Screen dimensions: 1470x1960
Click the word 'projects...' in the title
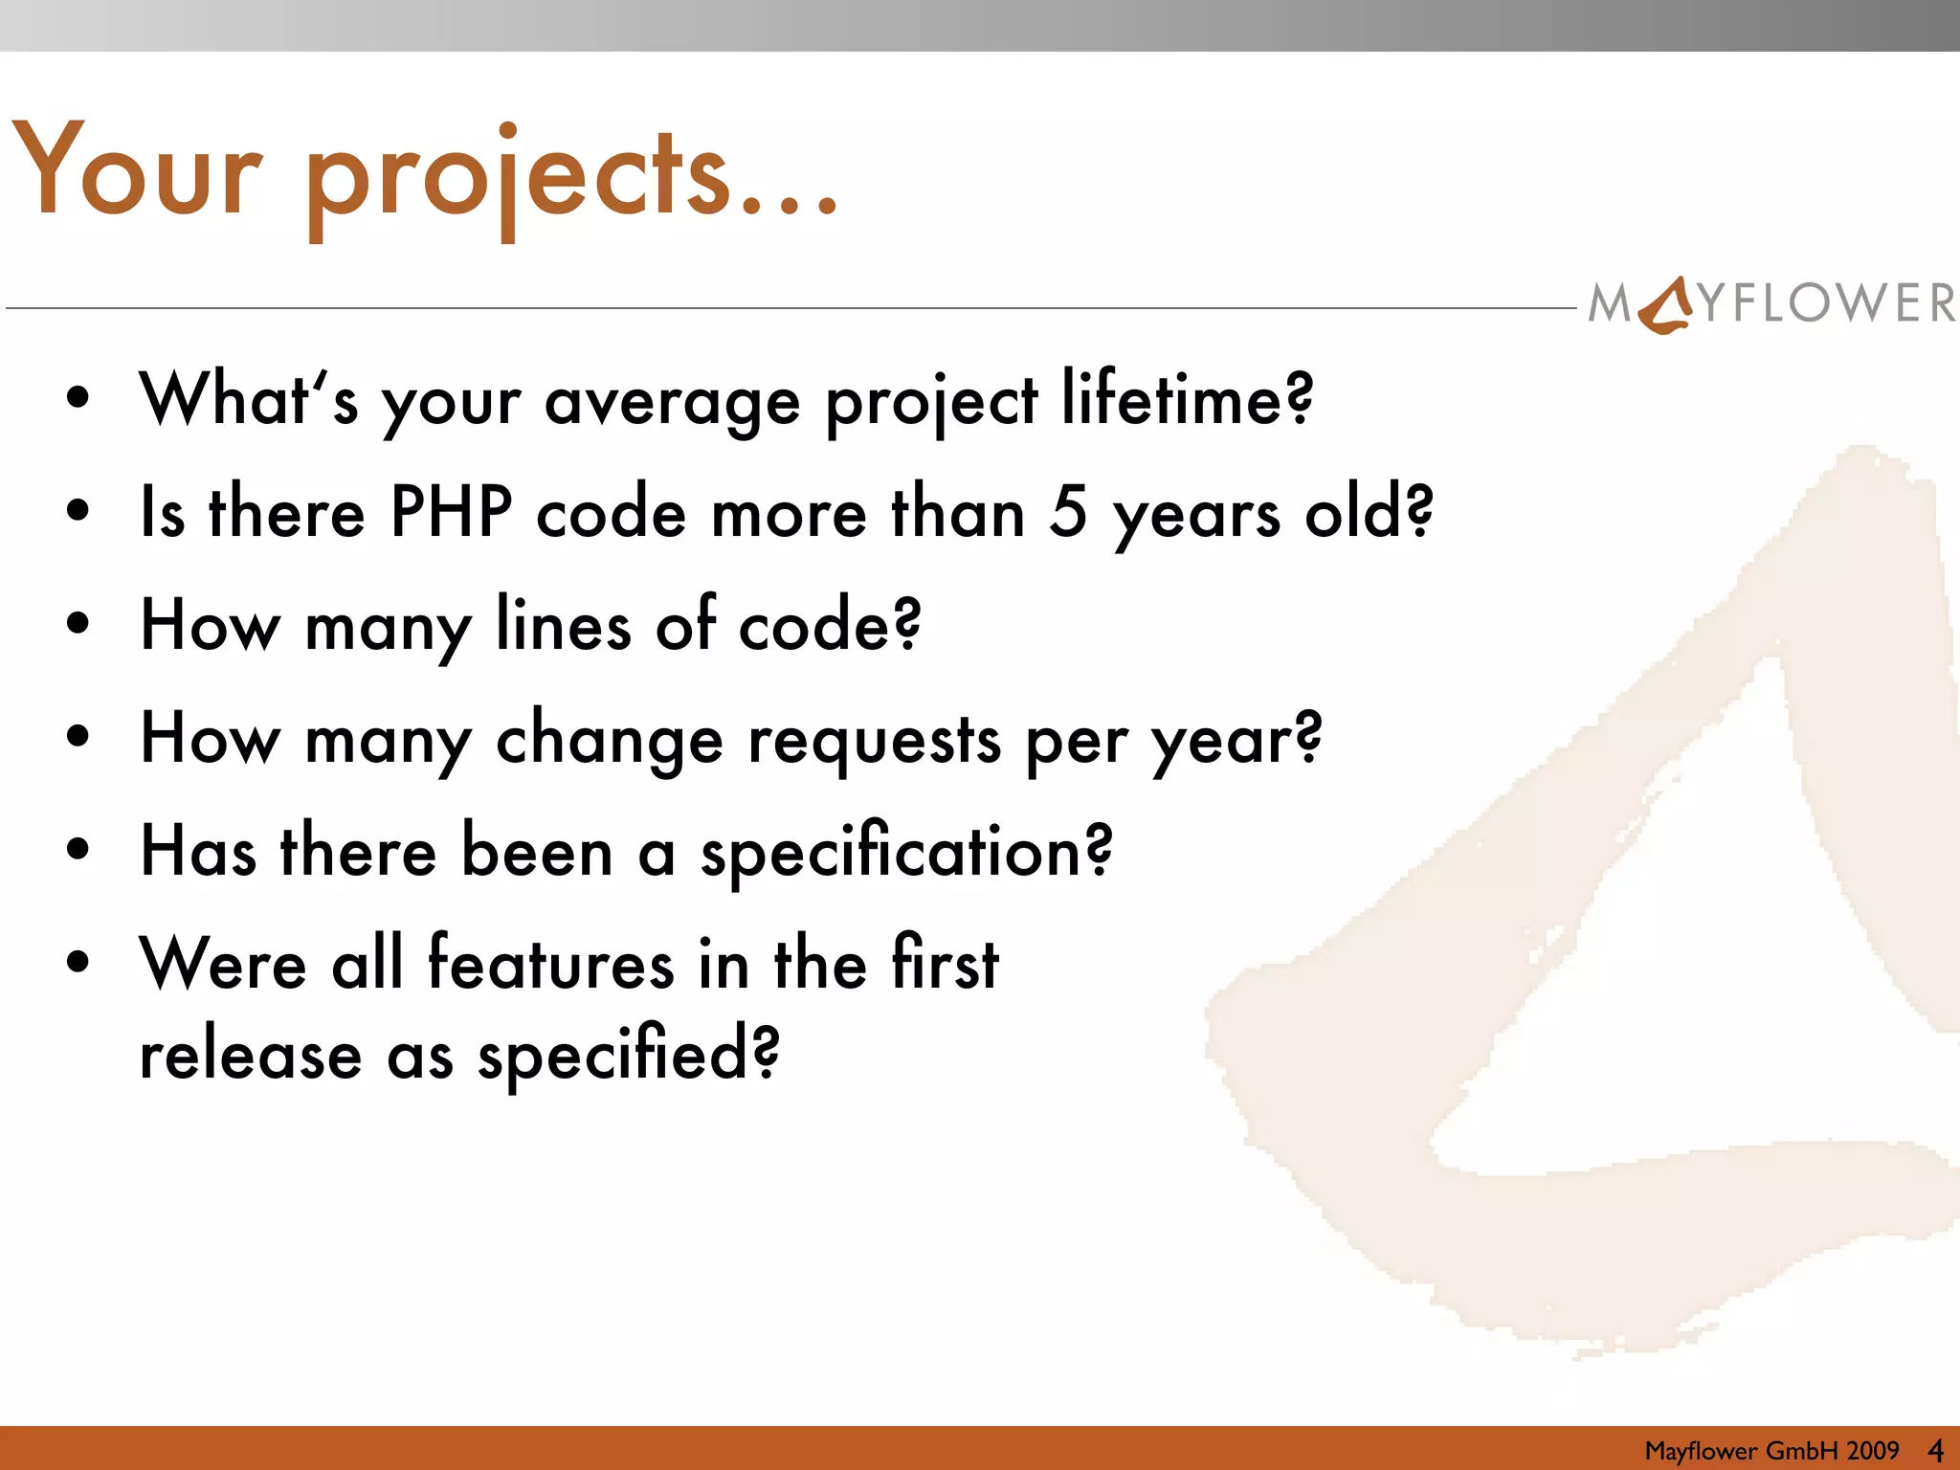point(572,177)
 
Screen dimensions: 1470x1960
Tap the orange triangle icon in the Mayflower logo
point(1667,304)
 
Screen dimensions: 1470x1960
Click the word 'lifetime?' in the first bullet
point(1187,399)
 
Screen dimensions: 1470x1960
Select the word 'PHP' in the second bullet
point(451,512)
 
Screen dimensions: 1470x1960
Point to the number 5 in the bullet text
point(1068,512)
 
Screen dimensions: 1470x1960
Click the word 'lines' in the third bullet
point(564,625)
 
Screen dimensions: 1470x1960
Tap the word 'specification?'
point(907,852)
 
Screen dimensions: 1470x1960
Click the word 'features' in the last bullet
point(550,964)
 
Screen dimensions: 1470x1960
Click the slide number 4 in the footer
point(1935,1451)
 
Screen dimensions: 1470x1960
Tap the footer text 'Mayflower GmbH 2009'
point(1771,1451)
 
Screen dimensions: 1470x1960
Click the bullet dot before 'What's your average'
point(78,397)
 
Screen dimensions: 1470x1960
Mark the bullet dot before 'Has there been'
point(78,848)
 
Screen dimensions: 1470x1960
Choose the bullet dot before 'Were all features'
point(78,961)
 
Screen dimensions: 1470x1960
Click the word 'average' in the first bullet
point(672,402)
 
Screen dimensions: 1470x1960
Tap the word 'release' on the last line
point(251,1056)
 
